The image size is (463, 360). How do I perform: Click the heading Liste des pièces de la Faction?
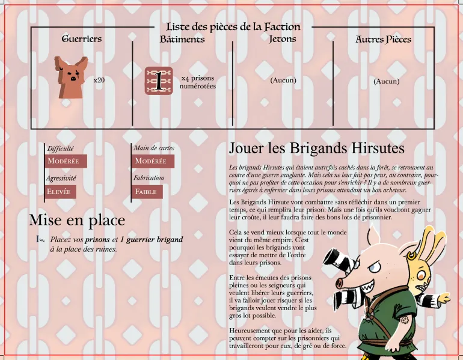coord(233,27)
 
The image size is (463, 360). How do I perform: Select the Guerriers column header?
coord(82,38)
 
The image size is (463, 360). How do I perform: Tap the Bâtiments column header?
coord(182,39)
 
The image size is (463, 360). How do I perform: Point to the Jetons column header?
coord(283,38)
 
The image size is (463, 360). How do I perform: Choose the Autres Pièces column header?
coord(383,39)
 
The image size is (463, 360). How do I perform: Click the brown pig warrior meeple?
coord(71,78)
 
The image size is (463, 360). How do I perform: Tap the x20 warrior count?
coord(99,81)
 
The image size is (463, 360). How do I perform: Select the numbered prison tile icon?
coord(159,81)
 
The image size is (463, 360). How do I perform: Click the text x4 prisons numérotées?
coord(198,82)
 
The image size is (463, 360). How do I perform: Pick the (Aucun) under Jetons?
coord(283,81)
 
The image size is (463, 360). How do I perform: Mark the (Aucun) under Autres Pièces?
coord(387,81)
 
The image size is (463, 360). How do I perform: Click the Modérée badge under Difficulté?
coord(66,161)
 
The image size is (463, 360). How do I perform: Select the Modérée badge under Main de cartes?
coord(153,161)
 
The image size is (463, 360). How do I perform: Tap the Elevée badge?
coord(61,192)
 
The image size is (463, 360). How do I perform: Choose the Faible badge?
coord(147,192)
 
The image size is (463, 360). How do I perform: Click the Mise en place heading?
coord(77,220)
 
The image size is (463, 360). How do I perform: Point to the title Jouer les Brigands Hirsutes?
coord(316,148)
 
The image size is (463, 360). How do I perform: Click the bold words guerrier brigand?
coord(155,239)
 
